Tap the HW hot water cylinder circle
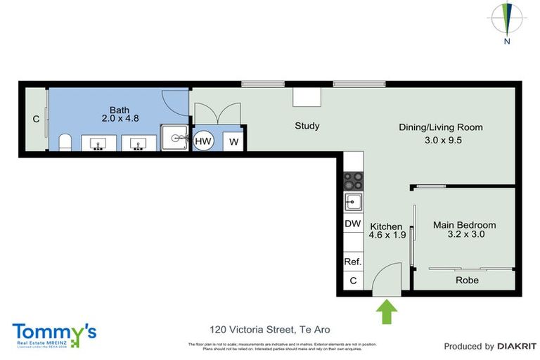[203, 141]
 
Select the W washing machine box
[234, 141]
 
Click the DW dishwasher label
[352, 224]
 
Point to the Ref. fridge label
[352, 262]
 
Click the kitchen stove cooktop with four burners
[352, 181]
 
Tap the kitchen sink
[352, 202]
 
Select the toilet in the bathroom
[64, 143]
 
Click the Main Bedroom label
[464, 225]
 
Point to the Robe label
[467, 280]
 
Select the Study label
[307, 126]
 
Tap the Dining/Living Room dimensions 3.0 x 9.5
[440, 139]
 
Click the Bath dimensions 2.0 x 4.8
[119, 118]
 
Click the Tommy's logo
[54, 333]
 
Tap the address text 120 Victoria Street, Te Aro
[270, 329]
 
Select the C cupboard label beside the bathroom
[36, 120]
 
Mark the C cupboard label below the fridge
[352, 281]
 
